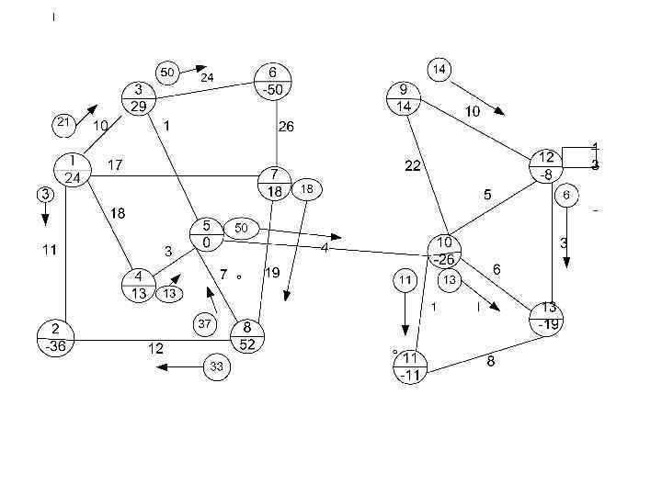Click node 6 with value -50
[273, 81]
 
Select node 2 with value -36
[56, 338]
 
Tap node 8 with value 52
[246, 337]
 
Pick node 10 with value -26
[445, 251]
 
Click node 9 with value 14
[404, 97]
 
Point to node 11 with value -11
[410, 366]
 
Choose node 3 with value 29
[139, 98]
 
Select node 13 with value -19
[548, 317]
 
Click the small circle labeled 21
[63, 122]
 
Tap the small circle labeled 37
[205, 323]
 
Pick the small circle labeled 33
[216, 367]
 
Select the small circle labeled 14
[439, 69]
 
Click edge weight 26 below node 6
[286, 127]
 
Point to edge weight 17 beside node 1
[115, 165]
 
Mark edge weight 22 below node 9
[413, 165]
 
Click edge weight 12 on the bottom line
[157, 348]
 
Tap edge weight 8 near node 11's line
[491, 361]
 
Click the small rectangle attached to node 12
[580, 157]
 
